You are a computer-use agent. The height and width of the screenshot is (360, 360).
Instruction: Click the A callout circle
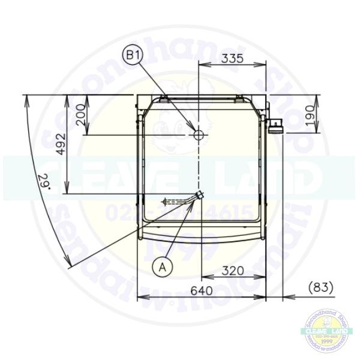pos(162,266)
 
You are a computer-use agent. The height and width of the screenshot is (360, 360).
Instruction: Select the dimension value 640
pos(202,290)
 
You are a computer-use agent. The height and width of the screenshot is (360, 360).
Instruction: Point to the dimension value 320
pos(232,271)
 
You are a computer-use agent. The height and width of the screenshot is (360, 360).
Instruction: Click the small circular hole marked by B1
pos(199,135)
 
